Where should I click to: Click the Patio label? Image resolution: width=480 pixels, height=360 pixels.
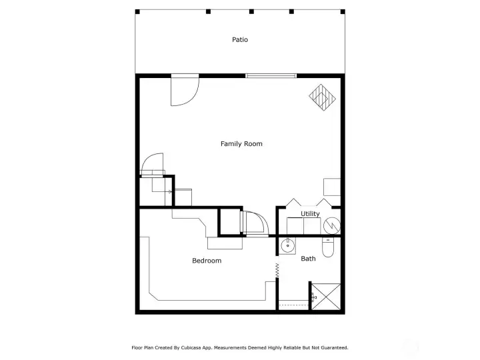tap(240, 39)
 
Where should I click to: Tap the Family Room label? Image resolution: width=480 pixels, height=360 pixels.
tap(241, 144)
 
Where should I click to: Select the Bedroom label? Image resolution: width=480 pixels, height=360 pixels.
tap(207, 261)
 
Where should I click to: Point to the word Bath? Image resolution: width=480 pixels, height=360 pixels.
tap(308, 259)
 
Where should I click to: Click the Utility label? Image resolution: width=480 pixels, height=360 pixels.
tap(310, 214)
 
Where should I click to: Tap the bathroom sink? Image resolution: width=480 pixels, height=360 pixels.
tap(288, 246)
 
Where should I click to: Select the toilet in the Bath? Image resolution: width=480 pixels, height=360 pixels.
tap(328, 248)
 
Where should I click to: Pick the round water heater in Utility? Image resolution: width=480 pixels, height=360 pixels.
tap(331, 227)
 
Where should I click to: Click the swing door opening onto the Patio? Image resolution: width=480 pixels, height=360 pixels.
tap(183, 91)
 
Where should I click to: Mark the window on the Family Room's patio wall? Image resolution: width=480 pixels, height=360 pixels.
tap(271, 76)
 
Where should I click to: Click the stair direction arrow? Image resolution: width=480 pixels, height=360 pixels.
tap(169, 191)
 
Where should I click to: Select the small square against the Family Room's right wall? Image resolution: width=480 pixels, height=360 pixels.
tap(332, 187)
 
